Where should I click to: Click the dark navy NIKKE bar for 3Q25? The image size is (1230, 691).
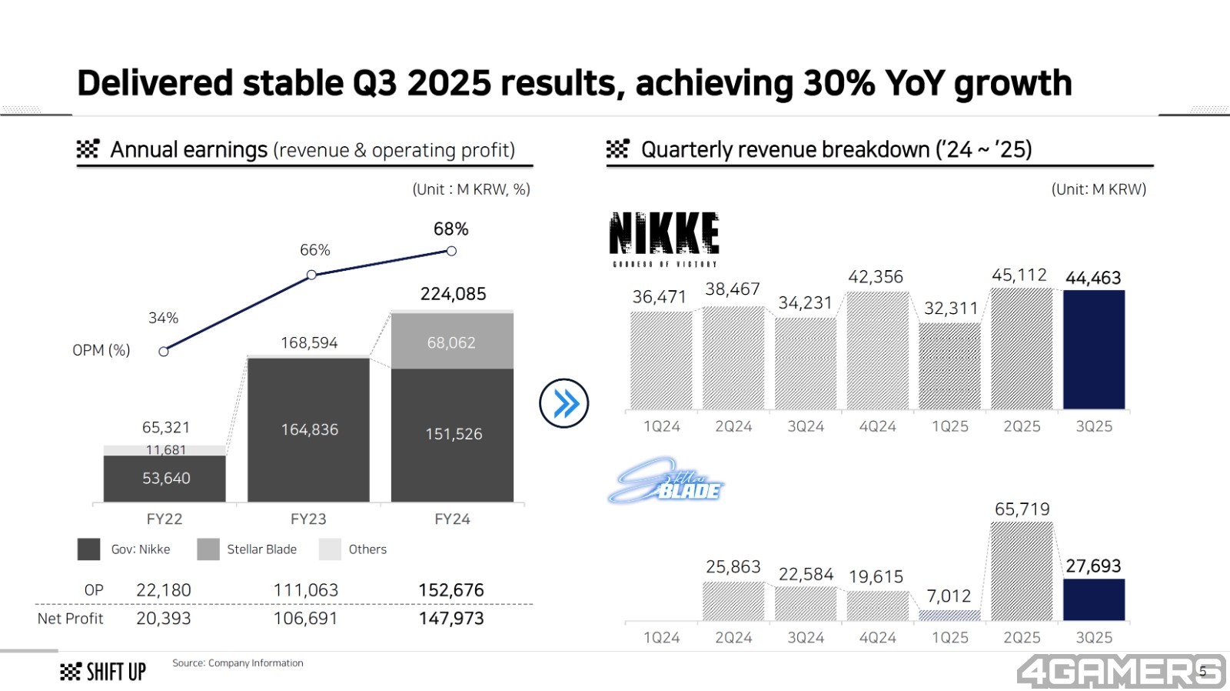click(x=1093, y=349)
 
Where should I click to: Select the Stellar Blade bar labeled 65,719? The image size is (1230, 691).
click(x=1022, y=571)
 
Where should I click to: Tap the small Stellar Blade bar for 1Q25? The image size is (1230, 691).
click(x=949, y=616)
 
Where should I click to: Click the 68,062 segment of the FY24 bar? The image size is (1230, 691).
click(x=452, y=342)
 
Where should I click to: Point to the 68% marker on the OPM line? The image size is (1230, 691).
click(x=451, y=251)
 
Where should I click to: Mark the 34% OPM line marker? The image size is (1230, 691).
click(x=164, y=352)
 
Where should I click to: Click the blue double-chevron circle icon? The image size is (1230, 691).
click(x=564, y=403)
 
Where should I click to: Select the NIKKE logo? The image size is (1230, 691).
click(x=664, y=238)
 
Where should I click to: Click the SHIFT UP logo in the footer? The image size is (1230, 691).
click(x=103, y=672)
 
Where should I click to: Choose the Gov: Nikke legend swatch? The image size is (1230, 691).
click(x=88, y=549)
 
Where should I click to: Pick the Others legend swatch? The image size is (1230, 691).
click(x=330, y=549)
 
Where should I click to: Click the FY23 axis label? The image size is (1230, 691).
click(x=308, y=519)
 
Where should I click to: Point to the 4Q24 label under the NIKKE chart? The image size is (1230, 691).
click(x=877, y=426)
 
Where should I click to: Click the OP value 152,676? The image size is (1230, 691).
click(x=451, y=590)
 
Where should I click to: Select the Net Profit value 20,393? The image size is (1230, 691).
click(x=163, y=619)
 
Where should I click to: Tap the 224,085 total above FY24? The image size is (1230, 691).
click(x=453, y=294)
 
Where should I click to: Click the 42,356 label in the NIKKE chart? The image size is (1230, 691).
click(x=876, y=277)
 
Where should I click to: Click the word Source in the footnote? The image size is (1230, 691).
click(x=188, y=663)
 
